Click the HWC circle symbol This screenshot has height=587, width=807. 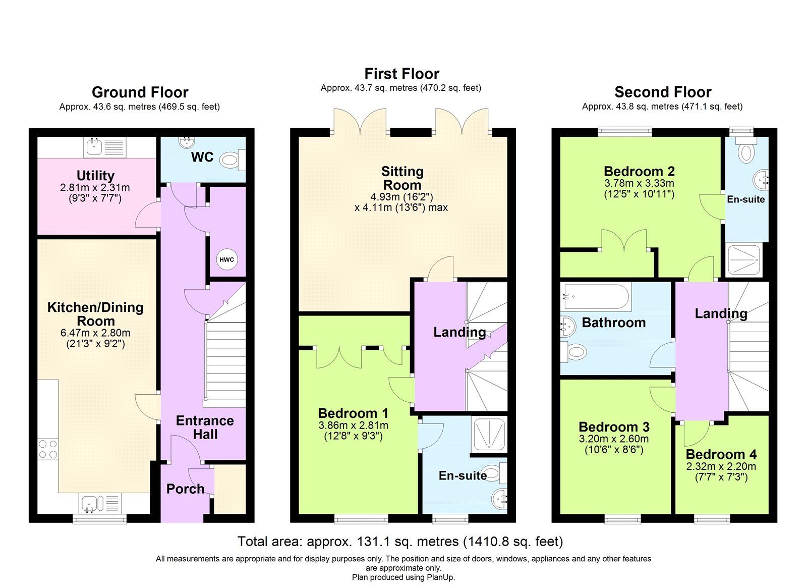pos(226,259)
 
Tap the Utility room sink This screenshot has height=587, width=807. pos(94,147)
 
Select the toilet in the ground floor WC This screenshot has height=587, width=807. pos(231,161)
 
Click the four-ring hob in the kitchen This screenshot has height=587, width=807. pos(48,449)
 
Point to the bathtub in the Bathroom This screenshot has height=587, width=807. pos(597,296)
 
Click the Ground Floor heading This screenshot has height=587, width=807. pos(140,92)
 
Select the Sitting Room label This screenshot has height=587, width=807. pos(402,178)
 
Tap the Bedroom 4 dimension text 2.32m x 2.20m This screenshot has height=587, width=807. pos(721,466)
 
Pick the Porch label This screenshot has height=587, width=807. pos(185,489)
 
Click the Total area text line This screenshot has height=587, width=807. pos(400,542)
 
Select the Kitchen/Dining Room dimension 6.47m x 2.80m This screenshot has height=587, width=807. pos(95,333)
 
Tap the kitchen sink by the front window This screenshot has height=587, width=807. pos(91,503)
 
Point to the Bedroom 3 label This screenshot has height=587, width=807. pos(614,427)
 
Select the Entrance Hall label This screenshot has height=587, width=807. pos(205,428)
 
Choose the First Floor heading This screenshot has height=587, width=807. pos(401,74)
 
